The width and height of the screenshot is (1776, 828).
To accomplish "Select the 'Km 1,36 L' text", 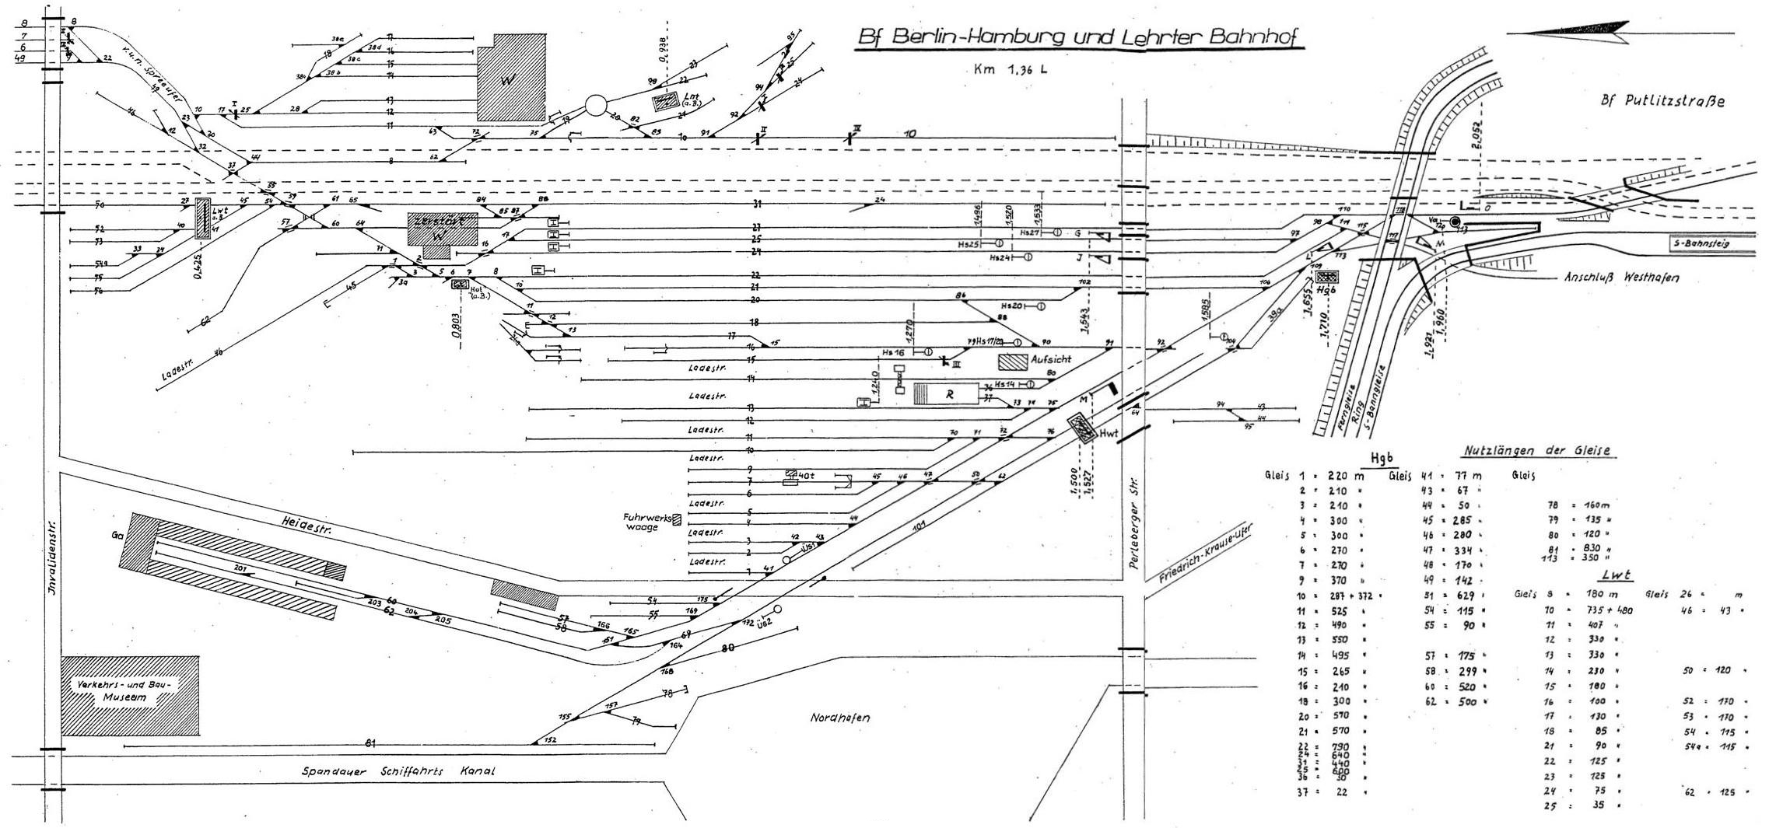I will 1009,68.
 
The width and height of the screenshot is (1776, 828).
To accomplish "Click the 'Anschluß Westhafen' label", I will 1611,278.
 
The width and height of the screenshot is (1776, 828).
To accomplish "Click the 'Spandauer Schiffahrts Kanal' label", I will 398,772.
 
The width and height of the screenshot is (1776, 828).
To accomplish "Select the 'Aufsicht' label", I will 1051,359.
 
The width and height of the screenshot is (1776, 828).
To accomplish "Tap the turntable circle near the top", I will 597,106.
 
